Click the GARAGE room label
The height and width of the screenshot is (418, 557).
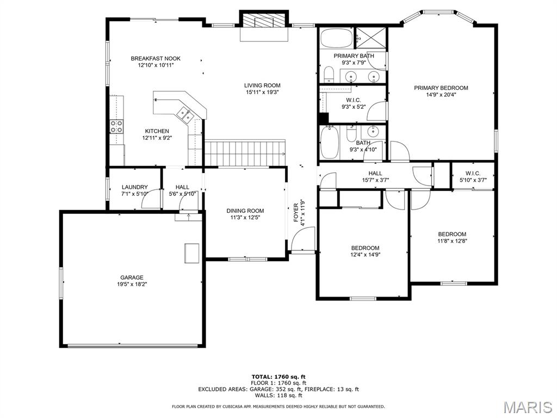tap(132, 278)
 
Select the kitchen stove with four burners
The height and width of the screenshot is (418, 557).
tap(116, 126)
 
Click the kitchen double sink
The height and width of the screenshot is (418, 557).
tap(185, 114)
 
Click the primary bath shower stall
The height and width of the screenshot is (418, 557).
tap(370, 37)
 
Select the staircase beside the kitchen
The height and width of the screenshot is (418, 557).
tap(245, 153)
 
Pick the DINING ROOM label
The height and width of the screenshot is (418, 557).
tap(245, 211)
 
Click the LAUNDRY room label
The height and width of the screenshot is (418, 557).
tap(135, 187)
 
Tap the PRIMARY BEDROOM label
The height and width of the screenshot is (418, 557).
tap(441, 88)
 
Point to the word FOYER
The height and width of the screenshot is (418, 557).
tap(296, 213)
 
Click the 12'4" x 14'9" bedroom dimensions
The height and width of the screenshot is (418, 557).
tap(365, 255)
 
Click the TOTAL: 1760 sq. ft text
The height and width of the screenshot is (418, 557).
tap(278, 377)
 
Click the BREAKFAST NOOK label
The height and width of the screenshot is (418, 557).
tap(156, 59)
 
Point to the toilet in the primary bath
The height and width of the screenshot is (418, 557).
tap(329, 74)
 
